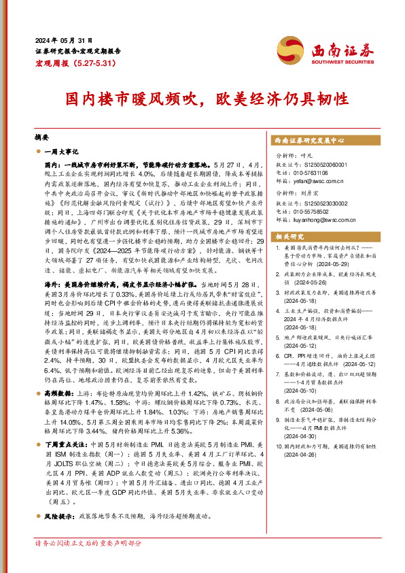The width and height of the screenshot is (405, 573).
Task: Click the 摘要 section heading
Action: [42, 137]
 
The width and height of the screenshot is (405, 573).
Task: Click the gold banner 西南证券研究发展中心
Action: [309, 140]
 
